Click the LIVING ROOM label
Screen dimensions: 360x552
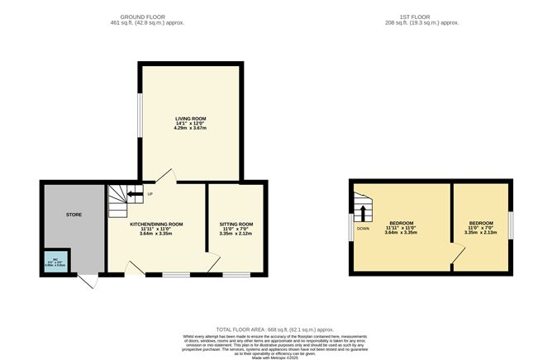190,118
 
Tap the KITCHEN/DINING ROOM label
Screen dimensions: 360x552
156,224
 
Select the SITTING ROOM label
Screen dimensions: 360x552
236,224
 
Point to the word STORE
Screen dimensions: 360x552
74,215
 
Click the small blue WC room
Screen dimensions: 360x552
57,264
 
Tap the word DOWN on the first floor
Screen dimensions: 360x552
363,229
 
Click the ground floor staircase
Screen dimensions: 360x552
120,201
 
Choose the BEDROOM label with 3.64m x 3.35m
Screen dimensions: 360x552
402,223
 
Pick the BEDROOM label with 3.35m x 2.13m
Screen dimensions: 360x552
481,223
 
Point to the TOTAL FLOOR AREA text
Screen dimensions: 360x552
274,328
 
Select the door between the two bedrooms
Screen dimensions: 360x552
455,254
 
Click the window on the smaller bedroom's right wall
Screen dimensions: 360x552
511,224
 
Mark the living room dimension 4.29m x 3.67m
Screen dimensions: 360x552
190,128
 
